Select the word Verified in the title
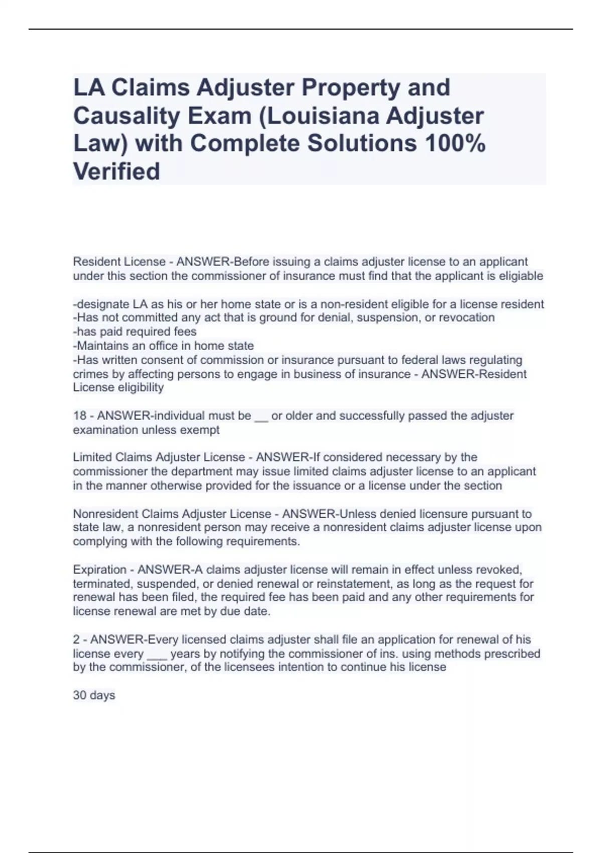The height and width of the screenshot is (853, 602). point(116,171)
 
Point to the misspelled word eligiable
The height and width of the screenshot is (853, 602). point(518,276)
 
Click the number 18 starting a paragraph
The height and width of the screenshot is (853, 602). point(80,416)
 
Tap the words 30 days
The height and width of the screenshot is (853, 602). point(94,695)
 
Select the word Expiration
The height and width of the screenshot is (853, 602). point(99,570)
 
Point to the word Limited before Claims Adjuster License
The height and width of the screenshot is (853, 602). point(92,458)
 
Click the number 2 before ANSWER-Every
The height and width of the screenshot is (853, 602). point(76,640)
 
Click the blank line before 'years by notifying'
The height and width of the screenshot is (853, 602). point(157,654)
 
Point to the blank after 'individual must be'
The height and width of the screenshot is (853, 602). point(261,416)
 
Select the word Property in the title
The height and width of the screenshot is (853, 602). point(351,87)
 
